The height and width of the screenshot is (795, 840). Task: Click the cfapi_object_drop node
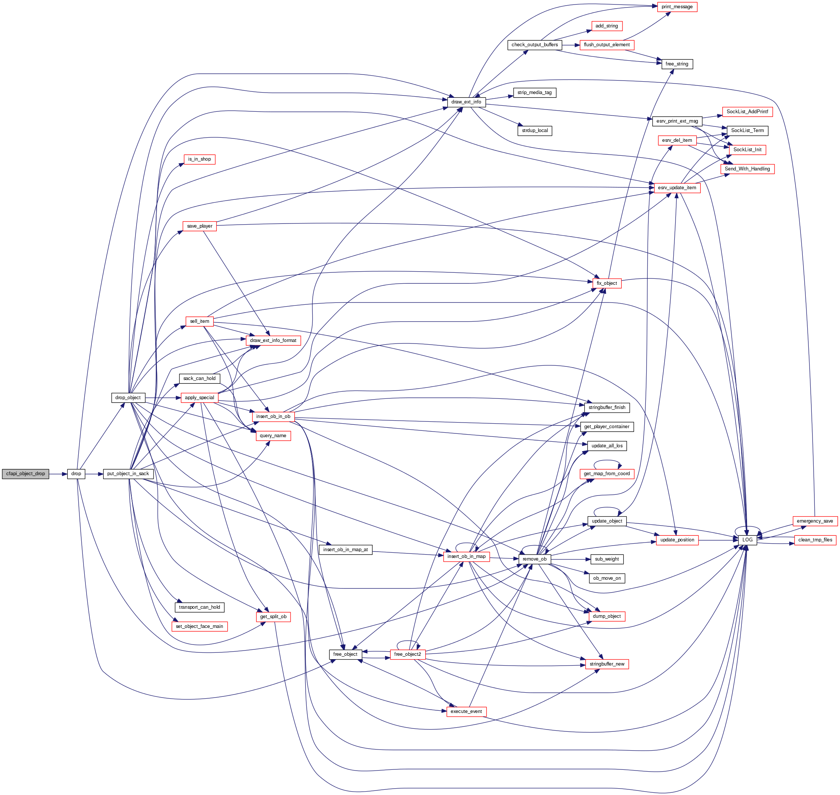click(26, 474)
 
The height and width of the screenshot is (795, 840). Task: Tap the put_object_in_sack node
click(128, 474)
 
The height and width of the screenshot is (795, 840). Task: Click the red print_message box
click(677, 7)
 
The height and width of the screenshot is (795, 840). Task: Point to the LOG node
click(747, 540)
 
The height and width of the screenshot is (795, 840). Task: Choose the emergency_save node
click(814, 521)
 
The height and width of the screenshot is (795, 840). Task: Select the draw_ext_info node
click(466, 102)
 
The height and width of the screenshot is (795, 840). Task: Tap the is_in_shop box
click(199, 160)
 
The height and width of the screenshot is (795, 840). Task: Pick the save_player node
click(199, 226)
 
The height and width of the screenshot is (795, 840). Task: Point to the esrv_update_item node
click(677, 188)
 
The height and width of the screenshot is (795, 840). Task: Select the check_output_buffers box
click(534, 45)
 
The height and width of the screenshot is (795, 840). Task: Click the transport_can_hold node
click(199, 607)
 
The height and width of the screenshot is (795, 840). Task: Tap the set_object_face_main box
click(199, 626)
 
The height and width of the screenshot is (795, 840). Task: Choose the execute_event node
click(466, 711)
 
